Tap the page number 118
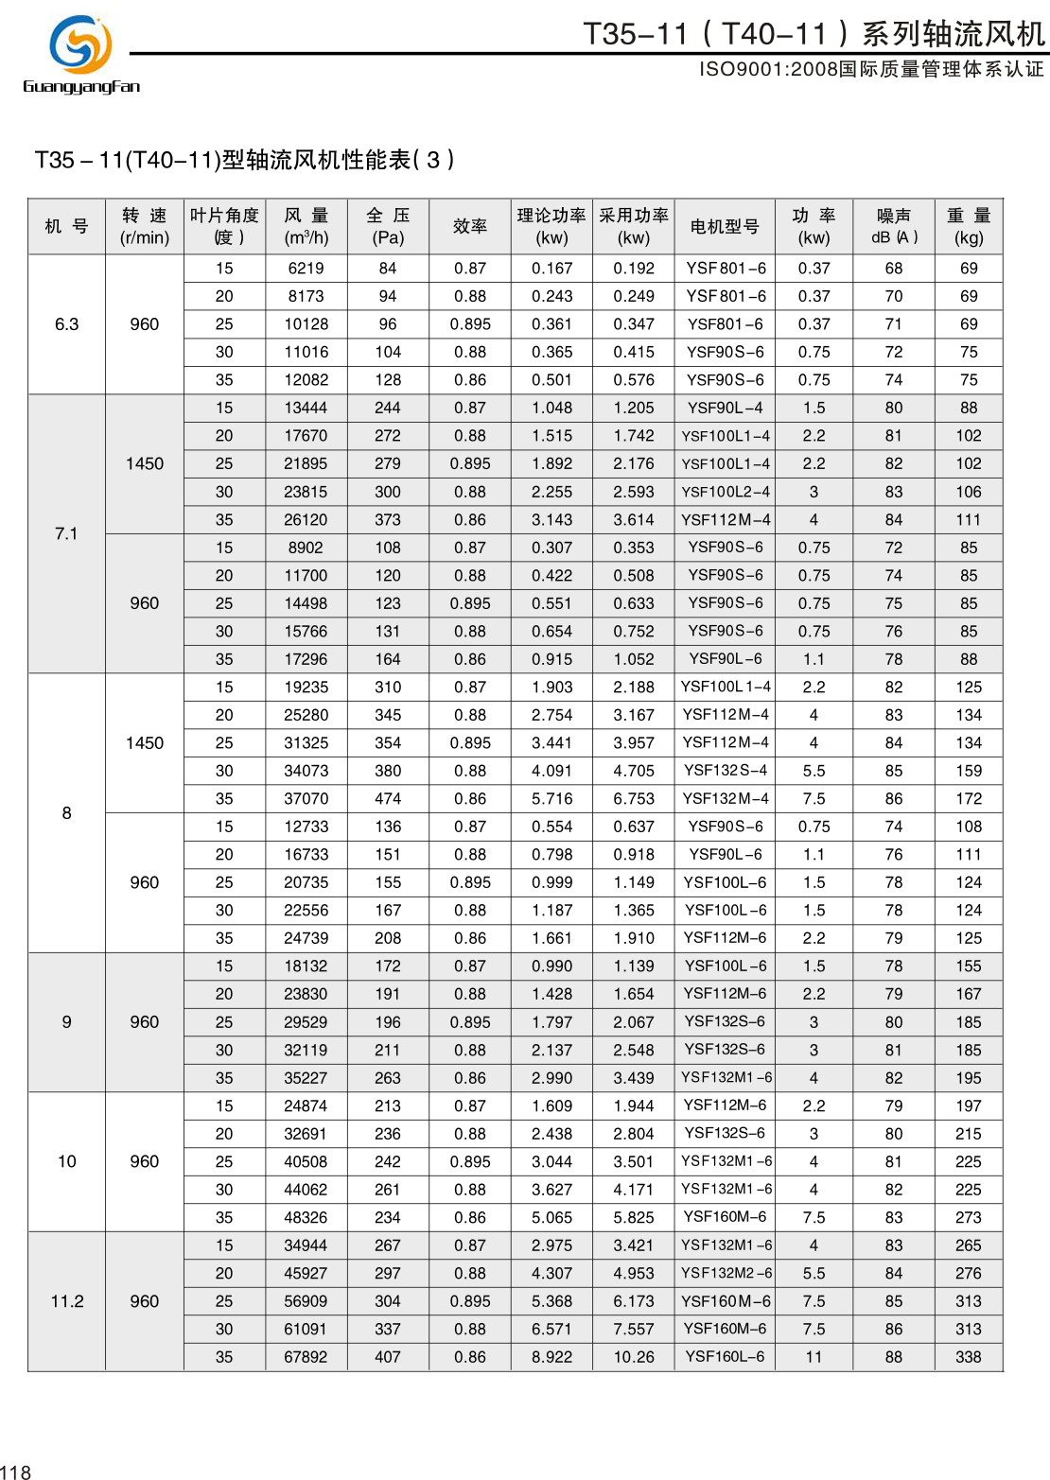click(16, 1471)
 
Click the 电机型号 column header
click(725, 227)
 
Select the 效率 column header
click(470, 227)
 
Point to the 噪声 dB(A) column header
click(894, 227)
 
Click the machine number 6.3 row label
click(66, 324)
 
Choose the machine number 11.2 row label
click(66, 1301)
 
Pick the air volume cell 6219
click(306, 269)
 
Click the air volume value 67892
click(306, 1357)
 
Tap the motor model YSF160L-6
click(725, 1357)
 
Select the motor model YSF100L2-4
click(725, 492)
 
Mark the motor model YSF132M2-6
click(726, 1273)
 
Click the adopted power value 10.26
click(634, 1357)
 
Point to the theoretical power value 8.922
click(551, 1357)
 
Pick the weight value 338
click(969, 1357)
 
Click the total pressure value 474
click(388, 799)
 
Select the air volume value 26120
click(306, 520)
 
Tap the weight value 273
click(969, 1218)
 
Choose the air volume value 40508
click(306, 1162)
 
